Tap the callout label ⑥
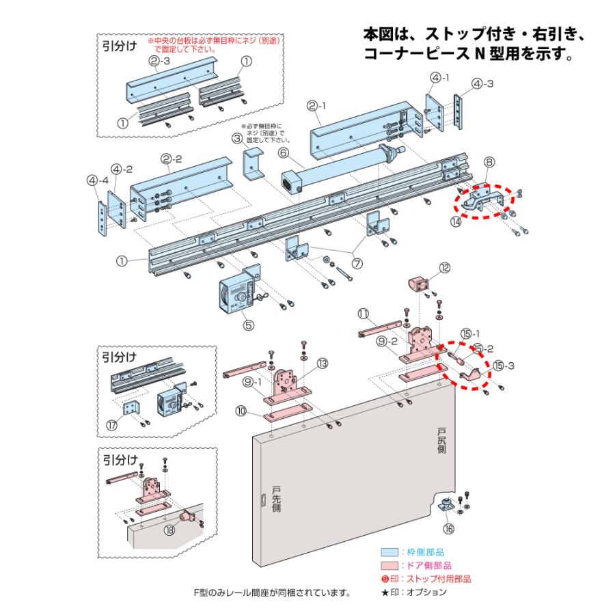pos(283,154)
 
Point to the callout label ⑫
pos(445,269)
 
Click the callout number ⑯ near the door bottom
pos(449,528)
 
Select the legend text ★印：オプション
pos(414,592)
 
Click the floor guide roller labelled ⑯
pos(448,506)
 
